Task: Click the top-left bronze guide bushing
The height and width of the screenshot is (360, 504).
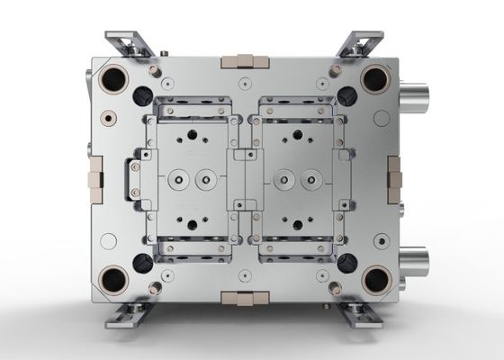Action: tap(115, 79)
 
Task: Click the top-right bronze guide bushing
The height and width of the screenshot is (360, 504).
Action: tap(373, 79)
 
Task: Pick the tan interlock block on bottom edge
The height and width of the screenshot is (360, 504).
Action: tap(243, 297)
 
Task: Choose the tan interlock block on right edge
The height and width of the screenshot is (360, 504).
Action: tap(394, 178)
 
